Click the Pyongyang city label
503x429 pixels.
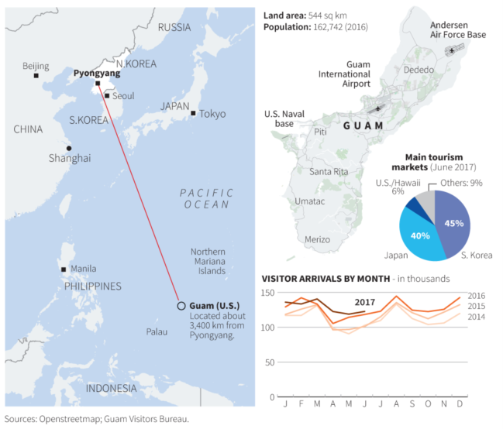point(98,73)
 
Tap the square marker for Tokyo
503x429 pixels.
point(193,113)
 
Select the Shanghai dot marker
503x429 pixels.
point(69,148)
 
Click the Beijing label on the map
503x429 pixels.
point(36,66)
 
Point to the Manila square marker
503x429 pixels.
point(64,269)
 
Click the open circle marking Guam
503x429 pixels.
point(181,306)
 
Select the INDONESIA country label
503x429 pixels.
point(111,388)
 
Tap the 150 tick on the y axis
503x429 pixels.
point(267,293)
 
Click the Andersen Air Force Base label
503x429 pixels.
point(457,29)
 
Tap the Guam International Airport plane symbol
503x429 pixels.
point(378,108)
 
